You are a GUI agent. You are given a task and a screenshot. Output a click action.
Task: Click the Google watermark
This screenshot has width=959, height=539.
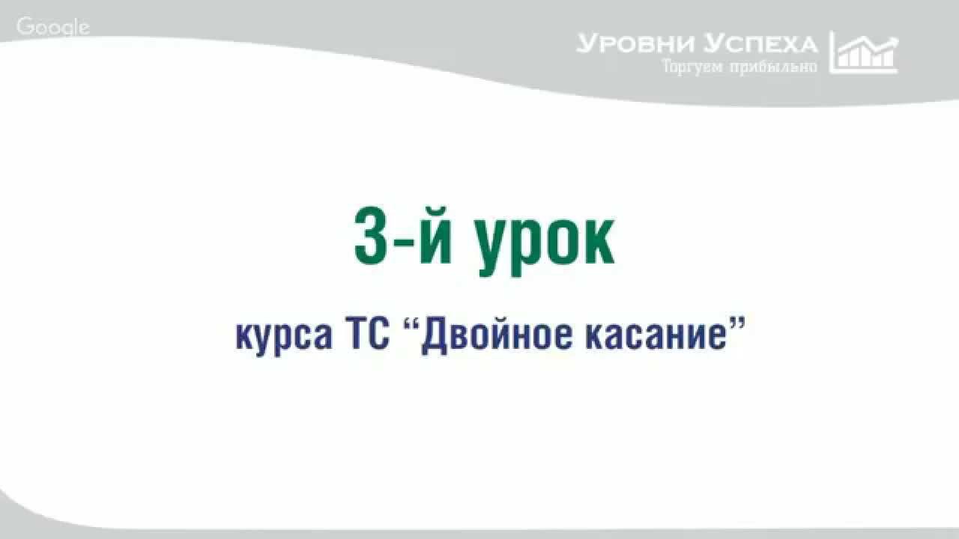coord(52,28)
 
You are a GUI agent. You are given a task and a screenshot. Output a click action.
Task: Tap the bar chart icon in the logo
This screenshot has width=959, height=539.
coord(864,52)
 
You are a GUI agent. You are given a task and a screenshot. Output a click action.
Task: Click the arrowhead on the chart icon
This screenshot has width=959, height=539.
coord(892,39)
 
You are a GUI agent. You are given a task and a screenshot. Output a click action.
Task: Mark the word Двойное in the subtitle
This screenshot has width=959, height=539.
coord(495,335)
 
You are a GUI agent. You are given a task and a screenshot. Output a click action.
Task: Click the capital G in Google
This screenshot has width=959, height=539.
coord(24,27)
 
